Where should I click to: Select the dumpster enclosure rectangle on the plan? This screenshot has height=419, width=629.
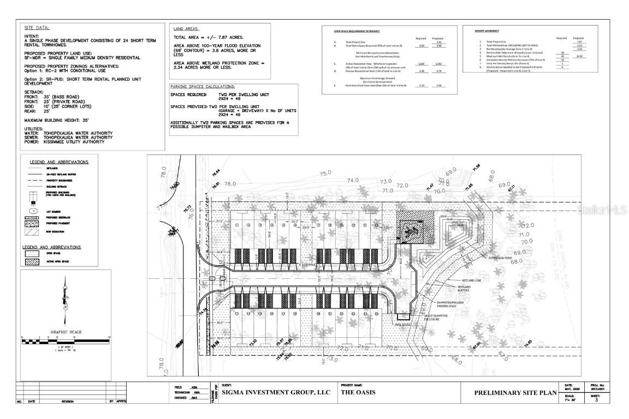[403, 316]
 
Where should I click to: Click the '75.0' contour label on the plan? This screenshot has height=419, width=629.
[326, 173]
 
